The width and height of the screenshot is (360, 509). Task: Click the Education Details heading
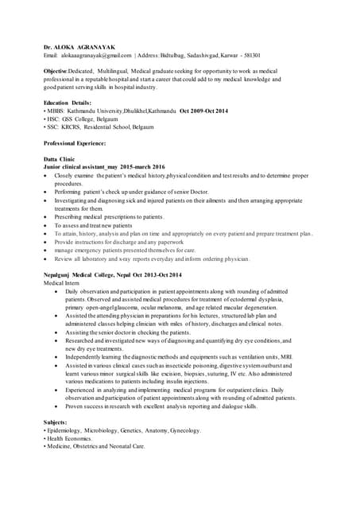(x=68, y=103)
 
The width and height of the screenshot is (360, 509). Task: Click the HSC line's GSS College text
(x=78, y=119)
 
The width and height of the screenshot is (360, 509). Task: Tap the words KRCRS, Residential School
(x=95, y=126)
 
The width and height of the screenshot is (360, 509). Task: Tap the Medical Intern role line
(x=63, y=283)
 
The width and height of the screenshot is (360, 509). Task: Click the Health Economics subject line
(x=69, y=438)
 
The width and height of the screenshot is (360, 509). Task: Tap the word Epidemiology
(x=68, y=430)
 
